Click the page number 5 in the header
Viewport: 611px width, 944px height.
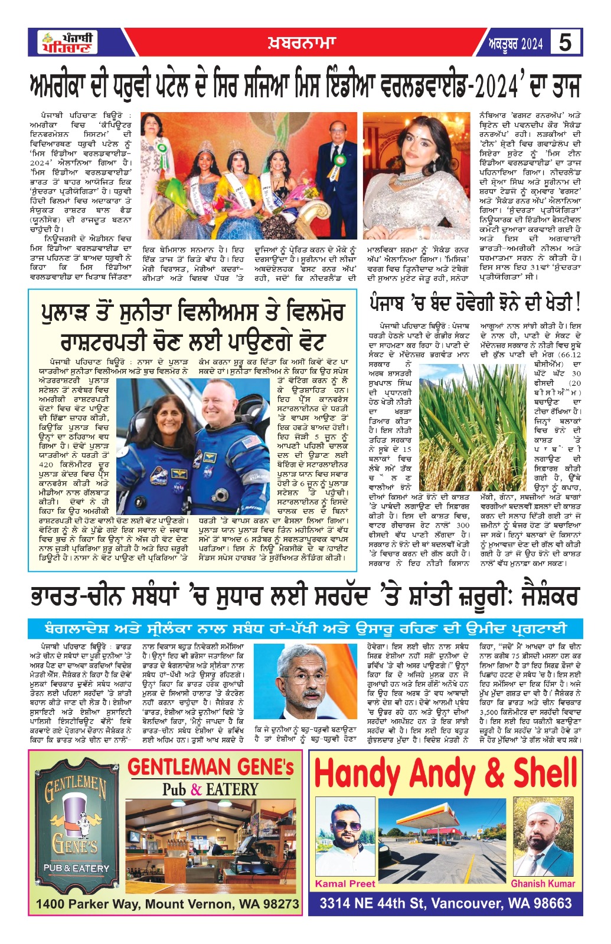pyautogui.click(x=566, y=42)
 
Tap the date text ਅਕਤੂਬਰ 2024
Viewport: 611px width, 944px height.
pyautogui.click(x=515, y=44)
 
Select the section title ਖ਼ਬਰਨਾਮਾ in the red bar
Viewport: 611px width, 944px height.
pyautogui.click(x=299, y=42)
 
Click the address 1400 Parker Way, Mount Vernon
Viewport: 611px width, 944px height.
pyautogui.click(x=167, y=904)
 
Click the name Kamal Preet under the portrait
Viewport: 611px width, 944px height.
pyautogui.click(x=345, y=883)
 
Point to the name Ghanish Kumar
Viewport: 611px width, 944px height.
pyautogui.click(x=543, y=883)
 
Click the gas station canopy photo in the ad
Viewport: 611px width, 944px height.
pyautogui.click(x=445, y=841)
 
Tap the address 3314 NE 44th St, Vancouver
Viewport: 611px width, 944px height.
pyautogui.click(x=446, y=903)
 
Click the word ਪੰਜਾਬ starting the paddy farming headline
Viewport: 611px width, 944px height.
pyautogui.click(x=395, y=304)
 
